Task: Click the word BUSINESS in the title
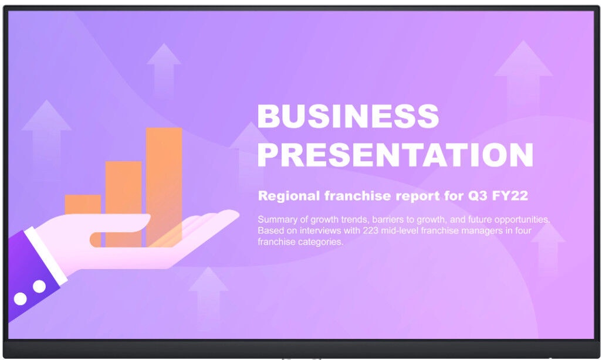348,116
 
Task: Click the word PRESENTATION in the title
395,155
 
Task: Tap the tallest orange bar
164,187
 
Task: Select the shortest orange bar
83,205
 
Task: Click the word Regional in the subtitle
289,196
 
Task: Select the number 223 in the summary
370,230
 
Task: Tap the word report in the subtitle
418,196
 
